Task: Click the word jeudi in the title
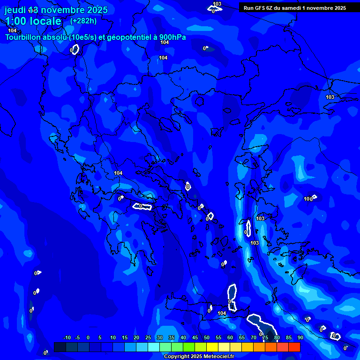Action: pyautogui.click(x=15, y=10)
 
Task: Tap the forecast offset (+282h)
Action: pyautogui.click(x=83, y=21)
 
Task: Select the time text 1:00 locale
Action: pyautogui.click(x=33, y=21)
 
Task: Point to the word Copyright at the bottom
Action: pyautogui.click(x=176, y=356)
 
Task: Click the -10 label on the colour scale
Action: pyautogui.click(x=67, y=337)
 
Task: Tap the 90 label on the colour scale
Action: pyautogui.click(x=300, y=337)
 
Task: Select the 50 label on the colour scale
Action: pyautogui.click(x=207, y=337)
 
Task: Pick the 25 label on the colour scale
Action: pyautogui.click(x=148, y=337)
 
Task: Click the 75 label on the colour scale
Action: pyautogui.click(x=265, y=337)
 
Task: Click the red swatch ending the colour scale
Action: pyautogui.click(x=294, y=347)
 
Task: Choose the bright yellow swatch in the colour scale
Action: pyautogui.click(x=212, y=347)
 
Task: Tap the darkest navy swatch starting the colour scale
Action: pyautogui.click(x=60, y=347)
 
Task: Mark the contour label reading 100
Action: pyautogui.click(x=307, y=199)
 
